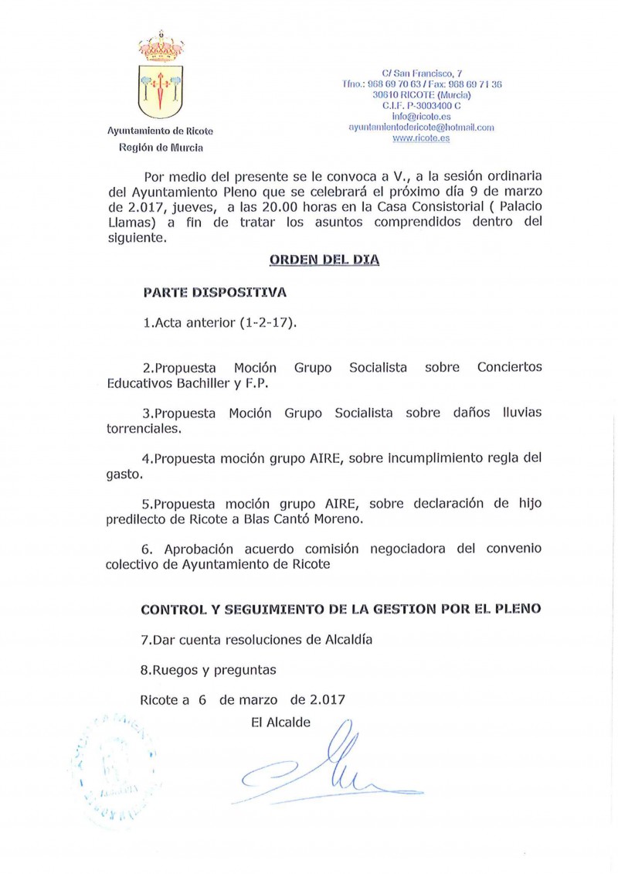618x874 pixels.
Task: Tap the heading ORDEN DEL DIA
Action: click(x=324, y=260)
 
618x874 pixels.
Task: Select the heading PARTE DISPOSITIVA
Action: click(x=214, y=293)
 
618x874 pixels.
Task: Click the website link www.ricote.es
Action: click(x=421, y=138)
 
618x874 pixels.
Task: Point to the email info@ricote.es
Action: click(x=421, y=116)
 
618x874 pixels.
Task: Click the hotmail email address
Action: click(x=421, y=127)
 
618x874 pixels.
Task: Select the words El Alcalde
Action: click(x=281, y=723)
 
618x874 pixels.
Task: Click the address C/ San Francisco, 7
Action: click(x=421, y=73)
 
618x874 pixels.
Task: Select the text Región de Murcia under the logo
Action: click(x=161, y=148)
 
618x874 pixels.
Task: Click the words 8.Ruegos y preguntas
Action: click(x=208, y=669)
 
